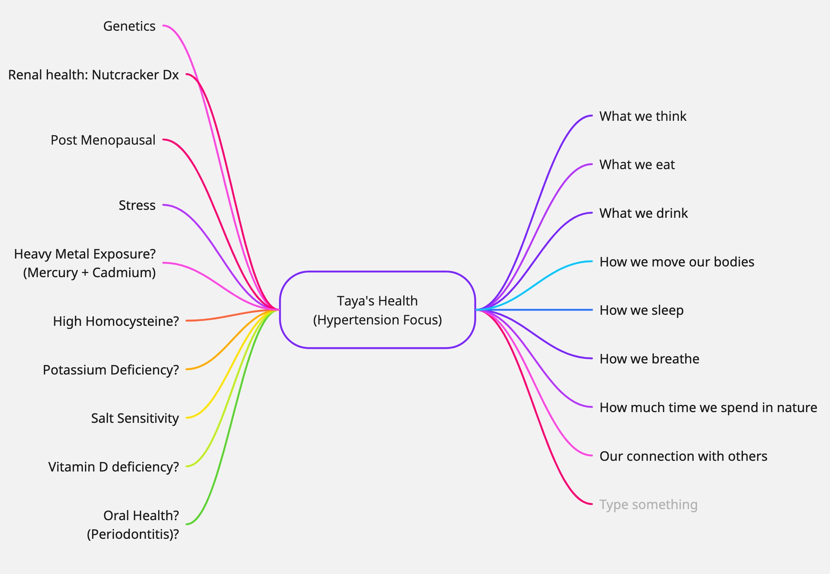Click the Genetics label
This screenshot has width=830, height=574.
tap(129, 26)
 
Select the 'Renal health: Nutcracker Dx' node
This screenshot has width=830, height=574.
tap(93, 75)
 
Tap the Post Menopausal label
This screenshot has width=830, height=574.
tap(103, 140)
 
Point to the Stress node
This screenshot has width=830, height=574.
tap(137, 205)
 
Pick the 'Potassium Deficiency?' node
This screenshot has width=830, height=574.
tap(110, 370)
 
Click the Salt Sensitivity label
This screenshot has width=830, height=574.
tap(135, 418)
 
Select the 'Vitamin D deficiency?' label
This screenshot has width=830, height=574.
tap(113, 467)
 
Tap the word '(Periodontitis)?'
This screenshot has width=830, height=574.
tap(133, 534)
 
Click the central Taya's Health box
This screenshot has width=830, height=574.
tap(377, 310)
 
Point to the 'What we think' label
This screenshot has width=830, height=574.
tap(643, 116)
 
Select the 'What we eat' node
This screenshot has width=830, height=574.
tap(637, 165)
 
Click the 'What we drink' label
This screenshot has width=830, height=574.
tap(643, 213)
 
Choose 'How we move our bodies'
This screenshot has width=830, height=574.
tap(677, 262)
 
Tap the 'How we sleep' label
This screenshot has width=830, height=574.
tap(641, 310)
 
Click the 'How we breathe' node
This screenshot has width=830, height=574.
tap(649, 359)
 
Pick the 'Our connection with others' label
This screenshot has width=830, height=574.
tap(683, 456)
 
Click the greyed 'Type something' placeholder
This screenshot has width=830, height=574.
tap(648, 505)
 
